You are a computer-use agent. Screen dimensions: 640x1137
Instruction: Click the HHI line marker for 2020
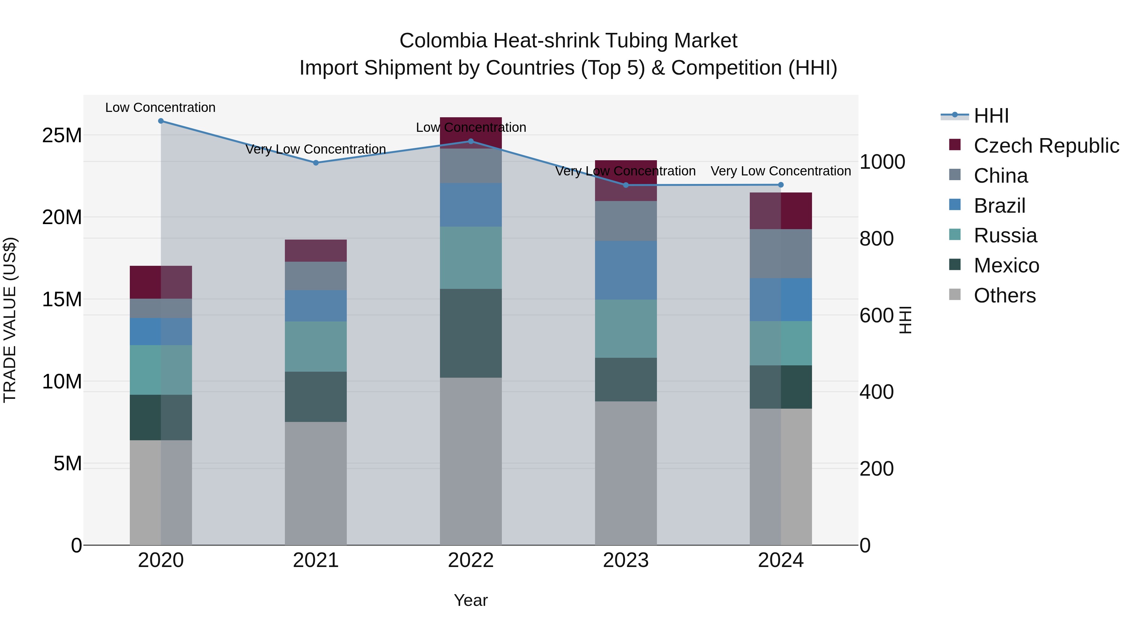tap(161, 121)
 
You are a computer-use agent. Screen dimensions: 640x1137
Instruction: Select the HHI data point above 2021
tap(316, 162)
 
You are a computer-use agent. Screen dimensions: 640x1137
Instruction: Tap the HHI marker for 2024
tap(780, 185)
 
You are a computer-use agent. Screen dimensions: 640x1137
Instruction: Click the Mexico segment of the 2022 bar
tap(471, 333)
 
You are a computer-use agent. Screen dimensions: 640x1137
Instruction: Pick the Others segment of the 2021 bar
tap(316, 483)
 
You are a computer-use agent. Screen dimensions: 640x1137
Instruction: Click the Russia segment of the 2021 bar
tap(316, 346)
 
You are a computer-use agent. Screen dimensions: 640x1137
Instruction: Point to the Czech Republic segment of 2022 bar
tap(471, 132)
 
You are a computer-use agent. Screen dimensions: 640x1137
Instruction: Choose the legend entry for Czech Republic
tap(1046, 146)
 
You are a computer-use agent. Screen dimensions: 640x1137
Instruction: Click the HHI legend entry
tap(991, 116)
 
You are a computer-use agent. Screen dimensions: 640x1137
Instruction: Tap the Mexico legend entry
tap(1006, 265)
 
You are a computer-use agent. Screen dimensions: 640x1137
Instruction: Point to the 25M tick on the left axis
tap(62, 135)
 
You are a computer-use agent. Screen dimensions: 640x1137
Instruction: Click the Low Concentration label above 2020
tap(160, 107)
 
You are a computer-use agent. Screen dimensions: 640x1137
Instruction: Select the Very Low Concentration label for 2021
tap(316, 149)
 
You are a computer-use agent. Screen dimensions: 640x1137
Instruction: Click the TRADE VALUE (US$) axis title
tap(10, 320)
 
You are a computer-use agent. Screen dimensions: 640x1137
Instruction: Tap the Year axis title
tap(471, 600)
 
